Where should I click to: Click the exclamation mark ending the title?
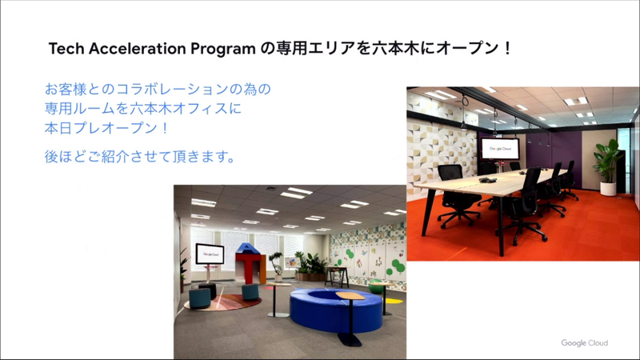tap(507, 48)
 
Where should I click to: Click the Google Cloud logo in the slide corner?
tap(584, 343)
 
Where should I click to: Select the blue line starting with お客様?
tap(159, 86)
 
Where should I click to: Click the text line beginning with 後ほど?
tap(139, 156)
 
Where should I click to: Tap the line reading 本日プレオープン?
tap(109, 127)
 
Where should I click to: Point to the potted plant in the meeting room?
tap(608, 164)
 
